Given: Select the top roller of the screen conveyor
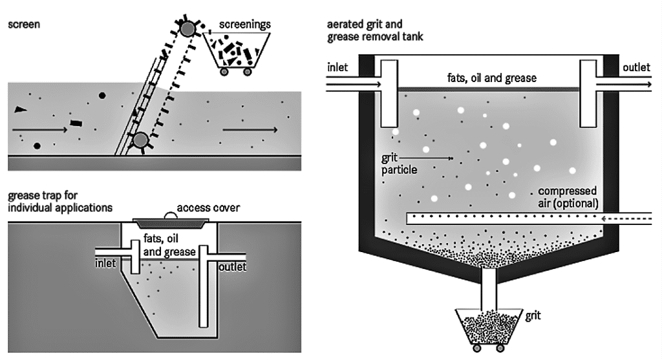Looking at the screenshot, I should [187, 28].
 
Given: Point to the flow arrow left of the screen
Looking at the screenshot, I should [39, 130].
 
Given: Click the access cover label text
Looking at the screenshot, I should [208, 208].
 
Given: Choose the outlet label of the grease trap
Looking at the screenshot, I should [233, 266].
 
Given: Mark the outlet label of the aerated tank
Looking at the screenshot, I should [637, 67].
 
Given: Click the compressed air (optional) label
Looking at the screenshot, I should [567, 197].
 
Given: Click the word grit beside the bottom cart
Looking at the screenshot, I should [534, 316].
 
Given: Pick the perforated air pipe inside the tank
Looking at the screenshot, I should [498, 218].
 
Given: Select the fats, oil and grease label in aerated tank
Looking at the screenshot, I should [492, 78].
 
